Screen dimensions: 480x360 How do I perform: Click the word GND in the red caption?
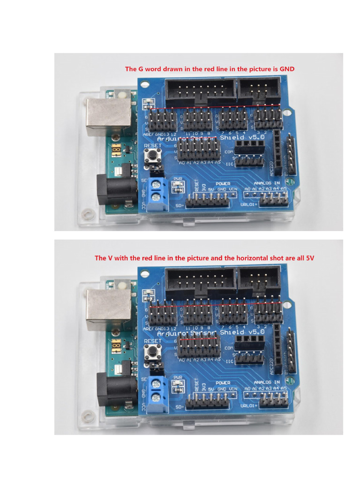pos(287,69)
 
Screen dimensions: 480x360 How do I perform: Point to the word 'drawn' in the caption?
pos(172,69)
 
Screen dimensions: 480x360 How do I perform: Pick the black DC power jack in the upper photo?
pos(111,188)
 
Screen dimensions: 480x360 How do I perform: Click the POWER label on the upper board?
pos(223,183)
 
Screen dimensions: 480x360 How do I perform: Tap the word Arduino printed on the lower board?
pos(171,334)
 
